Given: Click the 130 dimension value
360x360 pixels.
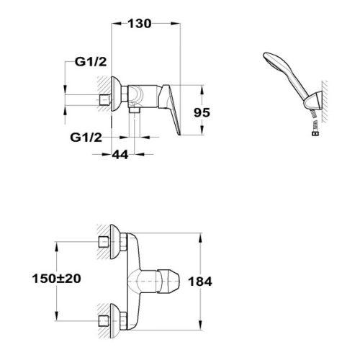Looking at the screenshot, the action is point(140,24).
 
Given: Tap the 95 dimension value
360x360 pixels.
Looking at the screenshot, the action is point(202,112).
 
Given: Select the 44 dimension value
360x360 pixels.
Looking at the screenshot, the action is point(120,155).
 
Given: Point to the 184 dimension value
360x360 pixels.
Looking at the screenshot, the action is point(200,282).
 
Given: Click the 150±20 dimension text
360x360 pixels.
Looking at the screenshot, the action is point(57,279).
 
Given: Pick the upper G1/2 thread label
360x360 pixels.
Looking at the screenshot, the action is point(91,62).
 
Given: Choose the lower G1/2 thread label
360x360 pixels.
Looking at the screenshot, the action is point(86,138).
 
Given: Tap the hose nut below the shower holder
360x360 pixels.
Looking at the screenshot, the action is point(315,132).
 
